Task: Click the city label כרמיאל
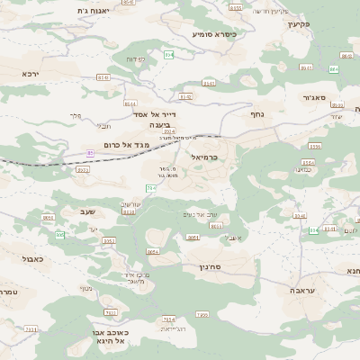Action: tap(205, 157)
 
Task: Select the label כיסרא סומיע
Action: tap(213, 33)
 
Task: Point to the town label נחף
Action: tap(256, 114)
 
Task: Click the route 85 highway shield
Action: tap(90, 154)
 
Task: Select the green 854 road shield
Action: tap(167, 56)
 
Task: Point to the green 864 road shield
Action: tap(334, 68)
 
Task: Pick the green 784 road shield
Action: tap(150, 187)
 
